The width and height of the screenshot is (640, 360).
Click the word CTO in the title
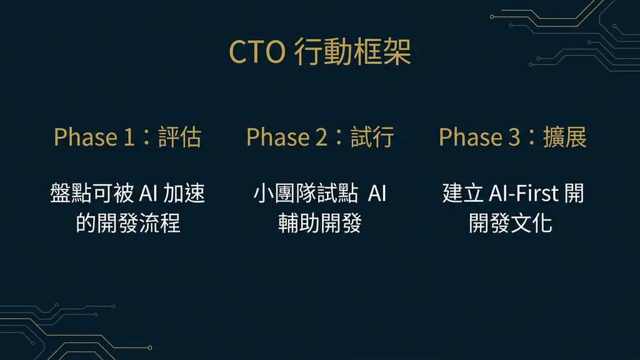256,52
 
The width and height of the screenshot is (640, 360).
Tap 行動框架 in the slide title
352,52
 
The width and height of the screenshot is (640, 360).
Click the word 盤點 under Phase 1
71,194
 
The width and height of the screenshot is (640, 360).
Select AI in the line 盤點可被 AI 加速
147,194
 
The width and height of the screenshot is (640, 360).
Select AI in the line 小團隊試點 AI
377,194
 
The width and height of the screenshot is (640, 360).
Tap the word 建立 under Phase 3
462,194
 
